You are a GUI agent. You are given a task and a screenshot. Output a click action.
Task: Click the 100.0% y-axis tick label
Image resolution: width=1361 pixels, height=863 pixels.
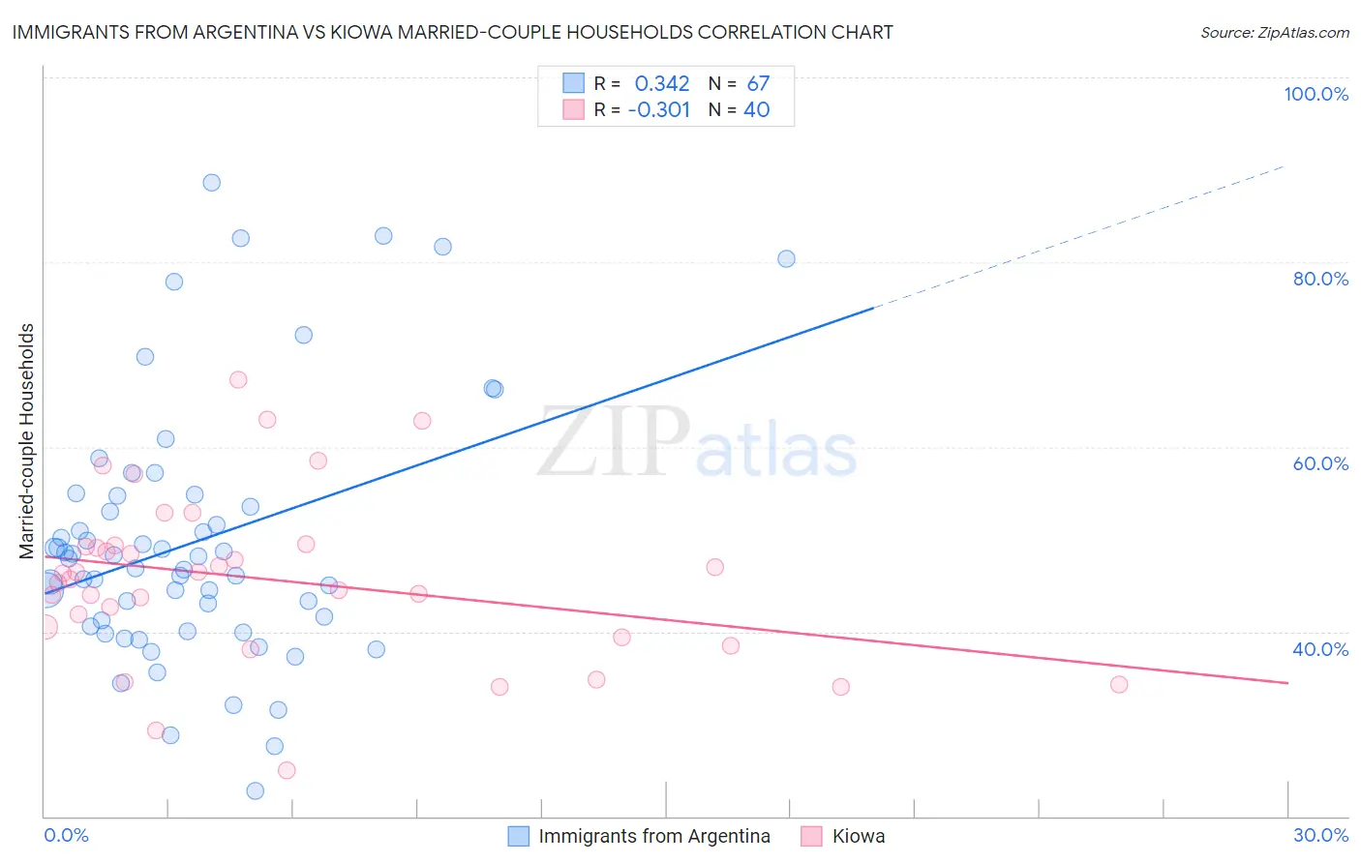1316,94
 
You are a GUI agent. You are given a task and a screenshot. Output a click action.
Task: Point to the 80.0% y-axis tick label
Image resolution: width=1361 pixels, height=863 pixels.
1320,279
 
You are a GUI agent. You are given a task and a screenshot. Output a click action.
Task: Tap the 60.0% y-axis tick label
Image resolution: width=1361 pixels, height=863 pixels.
1320,463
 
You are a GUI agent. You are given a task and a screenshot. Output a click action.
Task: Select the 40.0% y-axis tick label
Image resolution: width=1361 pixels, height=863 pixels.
1320,649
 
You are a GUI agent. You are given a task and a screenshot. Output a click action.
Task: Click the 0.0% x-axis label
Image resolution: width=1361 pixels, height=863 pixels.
66,835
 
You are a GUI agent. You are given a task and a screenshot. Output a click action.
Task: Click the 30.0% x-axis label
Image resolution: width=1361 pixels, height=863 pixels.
1320,835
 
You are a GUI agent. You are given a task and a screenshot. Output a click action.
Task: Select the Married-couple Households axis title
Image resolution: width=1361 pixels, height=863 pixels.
27,441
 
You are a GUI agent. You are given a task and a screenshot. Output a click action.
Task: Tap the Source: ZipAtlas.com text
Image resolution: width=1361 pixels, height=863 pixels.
1274,32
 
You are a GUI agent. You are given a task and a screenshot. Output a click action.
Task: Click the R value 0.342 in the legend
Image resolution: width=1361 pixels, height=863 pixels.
662,84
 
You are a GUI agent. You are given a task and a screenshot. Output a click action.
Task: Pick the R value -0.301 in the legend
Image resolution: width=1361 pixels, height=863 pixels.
658,110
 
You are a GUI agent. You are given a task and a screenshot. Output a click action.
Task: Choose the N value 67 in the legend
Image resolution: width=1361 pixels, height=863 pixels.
758,84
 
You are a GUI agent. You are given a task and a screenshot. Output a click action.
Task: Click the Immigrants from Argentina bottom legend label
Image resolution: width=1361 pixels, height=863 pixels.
654,836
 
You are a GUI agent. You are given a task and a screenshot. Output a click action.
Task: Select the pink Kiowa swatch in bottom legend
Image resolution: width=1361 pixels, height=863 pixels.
811,836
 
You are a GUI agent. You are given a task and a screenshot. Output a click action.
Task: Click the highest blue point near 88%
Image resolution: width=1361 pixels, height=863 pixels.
211,183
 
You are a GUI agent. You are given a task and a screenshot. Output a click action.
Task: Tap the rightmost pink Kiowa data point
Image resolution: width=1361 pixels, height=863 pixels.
1119,684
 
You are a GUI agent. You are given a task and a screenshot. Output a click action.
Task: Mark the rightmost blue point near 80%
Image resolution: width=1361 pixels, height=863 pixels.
786,258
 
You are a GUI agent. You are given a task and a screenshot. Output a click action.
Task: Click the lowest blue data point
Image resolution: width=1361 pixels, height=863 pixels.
256,790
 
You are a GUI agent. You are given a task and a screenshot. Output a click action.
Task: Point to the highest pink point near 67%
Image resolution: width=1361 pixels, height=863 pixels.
238,379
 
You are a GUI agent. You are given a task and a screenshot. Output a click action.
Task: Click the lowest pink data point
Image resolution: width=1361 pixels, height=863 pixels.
287,770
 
